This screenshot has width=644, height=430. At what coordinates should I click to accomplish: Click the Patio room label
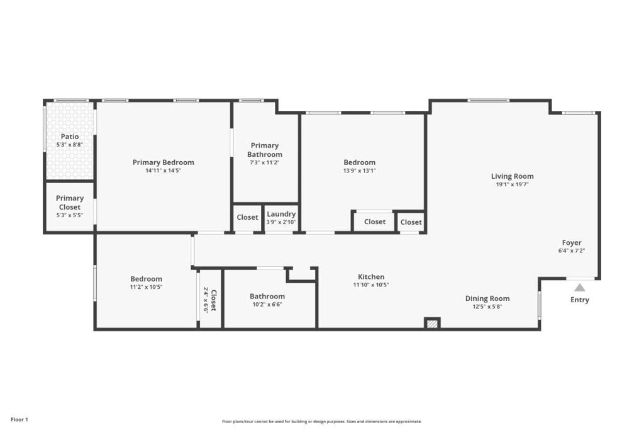[70, 137]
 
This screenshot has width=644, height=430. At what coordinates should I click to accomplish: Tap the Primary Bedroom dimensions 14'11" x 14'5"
[163, 171]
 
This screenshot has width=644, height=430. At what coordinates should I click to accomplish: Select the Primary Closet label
[70, 202]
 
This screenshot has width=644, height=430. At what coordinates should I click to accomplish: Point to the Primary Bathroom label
[265, 150]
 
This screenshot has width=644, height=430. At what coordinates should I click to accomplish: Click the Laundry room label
[281, 214]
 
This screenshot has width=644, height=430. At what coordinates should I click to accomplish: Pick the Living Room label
[512, 176]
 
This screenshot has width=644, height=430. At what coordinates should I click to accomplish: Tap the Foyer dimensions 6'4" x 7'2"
[571, 251]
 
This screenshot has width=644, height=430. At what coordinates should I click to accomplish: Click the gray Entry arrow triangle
[579, 287]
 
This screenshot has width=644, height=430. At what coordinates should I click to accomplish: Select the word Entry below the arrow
[579, 300]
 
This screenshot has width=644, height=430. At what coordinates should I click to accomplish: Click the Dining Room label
[487, 298]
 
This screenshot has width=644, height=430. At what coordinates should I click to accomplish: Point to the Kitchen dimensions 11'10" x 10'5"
[371, 285]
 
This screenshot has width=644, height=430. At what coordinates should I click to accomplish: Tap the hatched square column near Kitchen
[432, 324]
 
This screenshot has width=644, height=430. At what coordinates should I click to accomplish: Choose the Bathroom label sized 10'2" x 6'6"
[267, 297]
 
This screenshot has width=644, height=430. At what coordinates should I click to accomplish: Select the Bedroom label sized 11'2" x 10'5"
[146, 279]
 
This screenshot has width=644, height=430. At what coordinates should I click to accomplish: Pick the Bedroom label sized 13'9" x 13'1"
[359, 162]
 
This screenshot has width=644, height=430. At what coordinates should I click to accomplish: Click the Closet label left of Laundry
[247, 217]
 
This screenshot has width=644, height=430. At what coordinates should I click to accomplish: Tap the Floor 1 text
[19, 420]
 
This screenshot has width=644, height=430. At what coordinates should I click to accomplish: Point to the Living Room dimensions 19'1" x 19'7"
[512, 184]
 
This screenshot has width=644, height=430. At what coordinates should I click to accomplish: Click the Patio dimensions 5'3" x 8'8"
[70, 145]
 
